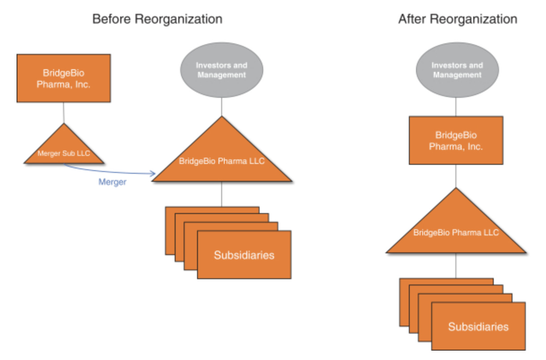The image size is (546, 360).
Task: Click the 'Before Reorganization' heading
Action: pos(157,20)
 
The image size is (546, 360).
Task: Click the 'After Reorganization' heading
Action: pos(458,20)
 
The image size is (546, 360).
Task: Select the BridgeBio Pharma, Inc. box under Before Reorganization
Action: pos(63,79)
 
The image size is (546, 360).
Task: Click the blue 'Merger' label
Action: pos(112,182)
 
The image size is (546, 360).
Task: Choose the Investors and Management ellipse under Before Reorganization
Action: pos(222,71)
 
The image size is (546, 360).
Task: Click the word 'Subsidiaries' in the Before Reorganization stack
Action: pos(244,255)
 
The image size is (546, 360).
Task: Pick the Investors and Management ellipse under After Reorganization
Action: pos(457,71)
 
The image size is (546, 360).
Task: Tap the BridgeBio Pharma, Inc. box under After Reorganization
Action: pos(456,141)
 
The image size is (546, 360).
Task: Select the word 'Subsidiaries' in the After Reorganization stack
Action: pos(478,327)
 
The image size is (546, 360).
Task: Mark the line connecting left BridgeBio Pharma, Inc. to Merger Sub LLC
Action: pos(63,113)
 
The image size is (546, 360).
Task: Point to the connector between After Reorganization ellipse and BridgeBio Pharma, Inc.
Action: pos(456,107)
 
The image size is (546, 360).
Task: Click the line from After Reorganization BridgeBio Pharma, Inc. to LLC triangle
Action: pos(456,176)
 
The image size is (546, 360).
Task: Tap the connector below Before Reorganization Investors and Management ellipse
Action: pos(222,107)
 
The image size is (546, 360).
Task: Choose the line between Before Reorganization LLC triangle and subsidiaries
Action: pos(222,194)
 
